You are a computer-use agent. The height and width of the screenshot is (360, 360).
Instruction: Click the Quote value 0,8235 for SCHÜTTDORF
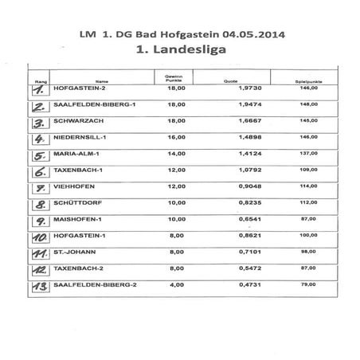pos(229,203)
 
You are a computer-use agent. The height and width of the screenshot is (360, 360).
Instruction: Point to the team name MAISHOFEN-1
pos(76,219)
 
